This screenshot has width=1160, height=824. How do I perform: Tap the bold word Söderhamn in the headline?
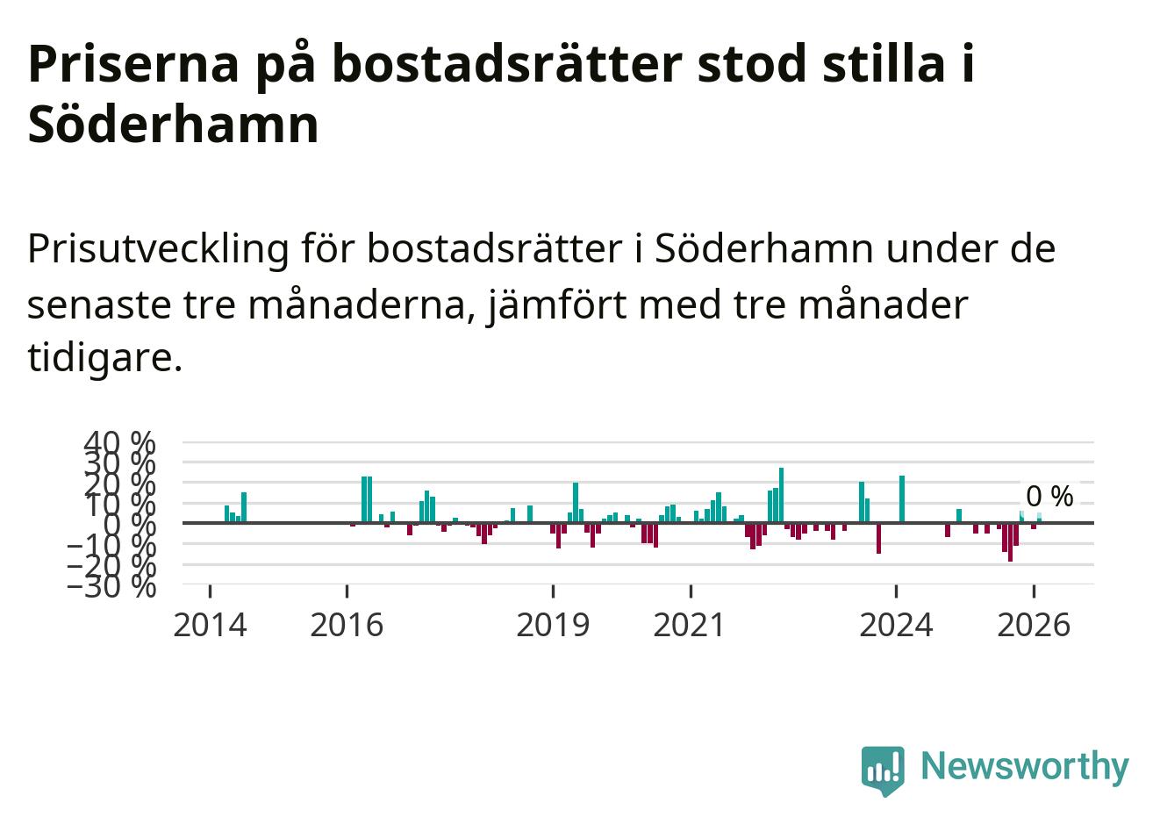coord(173,125)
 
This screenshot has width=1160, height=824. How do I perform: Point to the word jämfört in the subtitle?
coord(558,305)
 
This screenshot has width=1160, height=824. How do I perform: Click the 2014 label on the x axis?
coord(210,626)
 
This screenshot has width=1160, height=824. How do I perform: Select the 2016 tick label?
coord(347,626)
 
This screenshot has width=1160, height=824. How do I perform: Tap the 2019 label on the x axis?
coord(553,626)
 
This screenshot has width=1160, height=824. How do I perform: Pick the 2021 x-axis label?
coord(690,626)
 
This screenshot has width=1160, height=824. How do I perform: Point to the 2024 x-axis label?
coord(896,626)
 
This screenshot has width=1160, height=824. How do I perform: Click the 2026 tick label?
coord(1034,626)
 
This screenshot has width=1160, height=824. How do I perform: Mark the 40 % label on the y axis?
coord(119,443)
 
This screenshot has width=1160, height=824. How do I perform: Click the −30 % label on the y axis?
coord(111,587)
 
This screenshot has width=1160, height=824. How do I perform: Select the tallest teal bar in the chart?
coord(782,495)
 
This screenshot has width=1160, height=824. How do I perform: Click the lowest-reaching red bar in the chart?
coord(1010,542)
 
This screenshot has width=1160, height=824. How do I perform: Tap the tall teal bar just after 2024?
coord(902,499)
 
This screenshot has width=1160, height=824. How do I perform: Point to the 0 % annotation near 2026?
coord(1049,497)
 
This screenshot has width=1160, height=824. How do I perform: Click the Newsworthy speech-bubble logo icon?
coord(883,770)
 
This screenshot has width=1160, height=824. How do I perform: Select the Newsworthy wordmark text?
coord(1025,766)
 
